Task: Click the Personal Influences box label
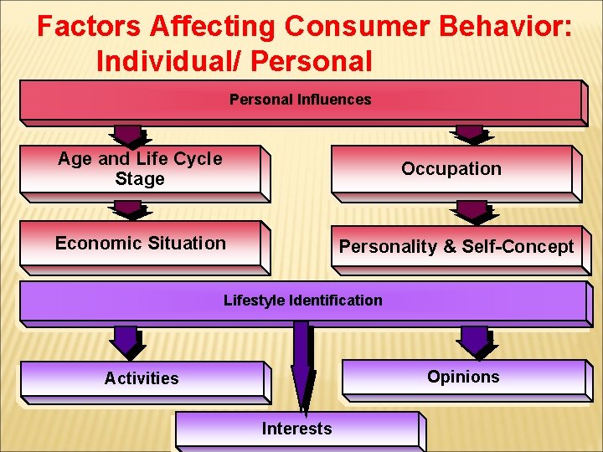pyautogui.click(x=300, y=100)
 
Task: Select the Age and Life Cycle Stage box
pyautogui.click(x=140, y=169)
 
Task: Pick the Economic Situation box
pyautogui.click(x=140, y=244)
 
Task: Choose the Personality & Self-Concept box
pyautogui.click(x=456, y=246)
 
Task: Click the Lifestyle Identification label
pyautogui.click(x=302, y=300)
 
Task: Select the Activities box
pyautogui.click(x=142, y=378)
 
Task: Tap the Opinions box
pyautogui.click(x=462, y=377)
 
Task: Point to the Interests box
pyautogui.click(x=296, y=429)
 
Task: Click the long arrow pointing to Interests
pyautogui.click(x=301, y=368)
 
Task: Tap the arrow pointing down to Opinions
pyautogui.click(x=475, y=341)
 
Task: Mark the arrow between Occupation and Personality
pyautogui.click(x=472, y=210)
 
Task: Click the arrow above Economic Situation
pyautogui.click(x=128, y=208)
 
